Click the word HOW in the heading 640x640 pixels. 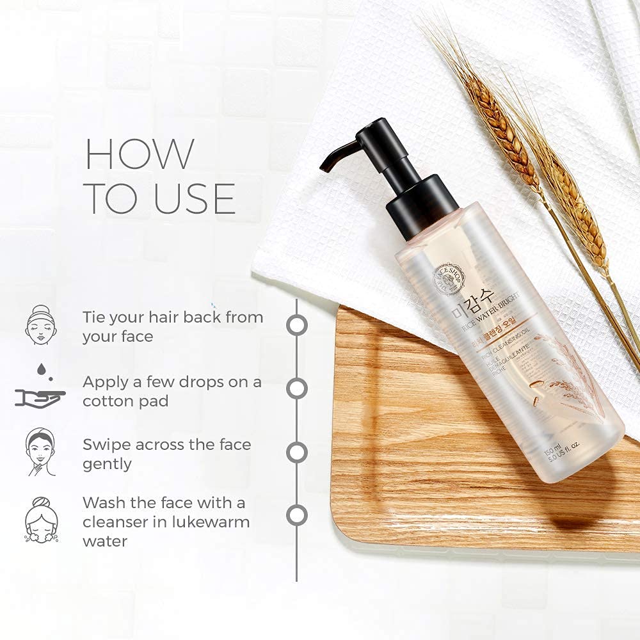tap(140, 154)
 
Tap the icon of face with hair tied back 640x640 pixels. tap(40, 325)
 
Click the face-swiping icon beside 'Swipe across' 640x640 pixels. tap(40, 452)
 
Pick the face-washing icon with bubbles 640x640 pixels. tap(40, 520)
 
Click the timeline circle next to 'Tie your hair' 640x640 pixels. tap(296, 324)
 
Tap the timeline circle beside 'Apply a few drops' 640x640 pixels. tap(296, 388)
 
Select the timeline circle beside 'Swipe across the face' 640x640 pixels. tap(296, 452)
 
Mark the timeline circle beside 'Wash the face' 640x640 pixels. tap(296, 515)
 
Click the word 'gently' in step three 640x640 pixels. tap(107, 464)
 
